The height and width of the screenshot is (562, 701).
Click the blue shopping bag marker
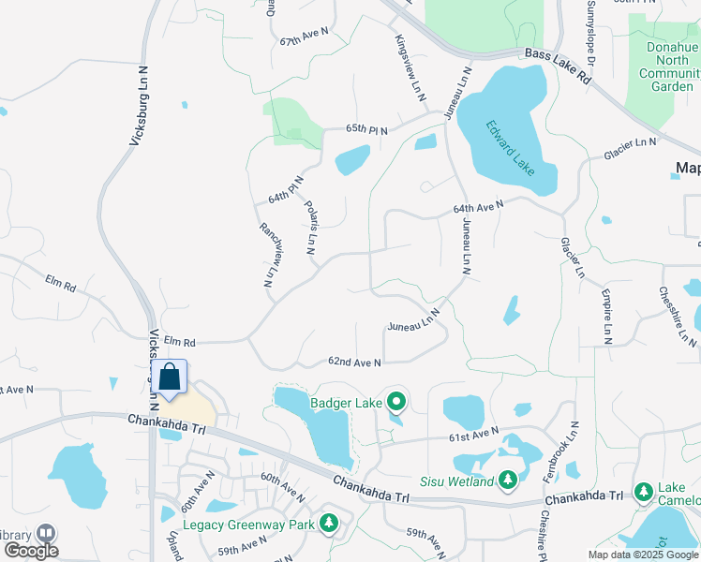pos(170,377)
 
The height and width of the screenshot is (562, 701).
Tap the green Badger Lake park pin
pos(395,402)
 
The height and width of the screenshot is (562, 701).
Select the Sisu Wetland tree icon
pos(508,481)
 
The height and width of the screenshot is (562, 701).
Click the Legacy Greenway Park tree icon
pos(329,523)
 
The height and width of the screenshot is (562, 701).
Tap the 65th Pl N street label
pos(366,128)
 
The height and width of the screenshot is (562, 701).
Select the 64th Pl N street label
pos(287,190)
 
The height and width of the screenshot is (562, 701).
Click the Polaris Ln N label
pos(310,227)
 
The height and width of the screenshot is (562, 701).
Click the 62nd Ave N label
pos(354,362)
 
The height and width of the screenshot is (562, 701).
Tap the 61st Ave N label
pos(472,435)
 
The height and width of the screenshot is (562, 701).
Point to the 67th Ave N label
pos(305,37)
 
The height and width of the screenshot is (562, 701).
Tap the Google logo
pos(31,551)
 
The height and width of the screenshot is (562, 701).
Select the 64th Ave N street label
pos(478,205)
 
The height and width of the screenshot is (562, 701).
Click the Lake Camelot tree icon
pos(644,491)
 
